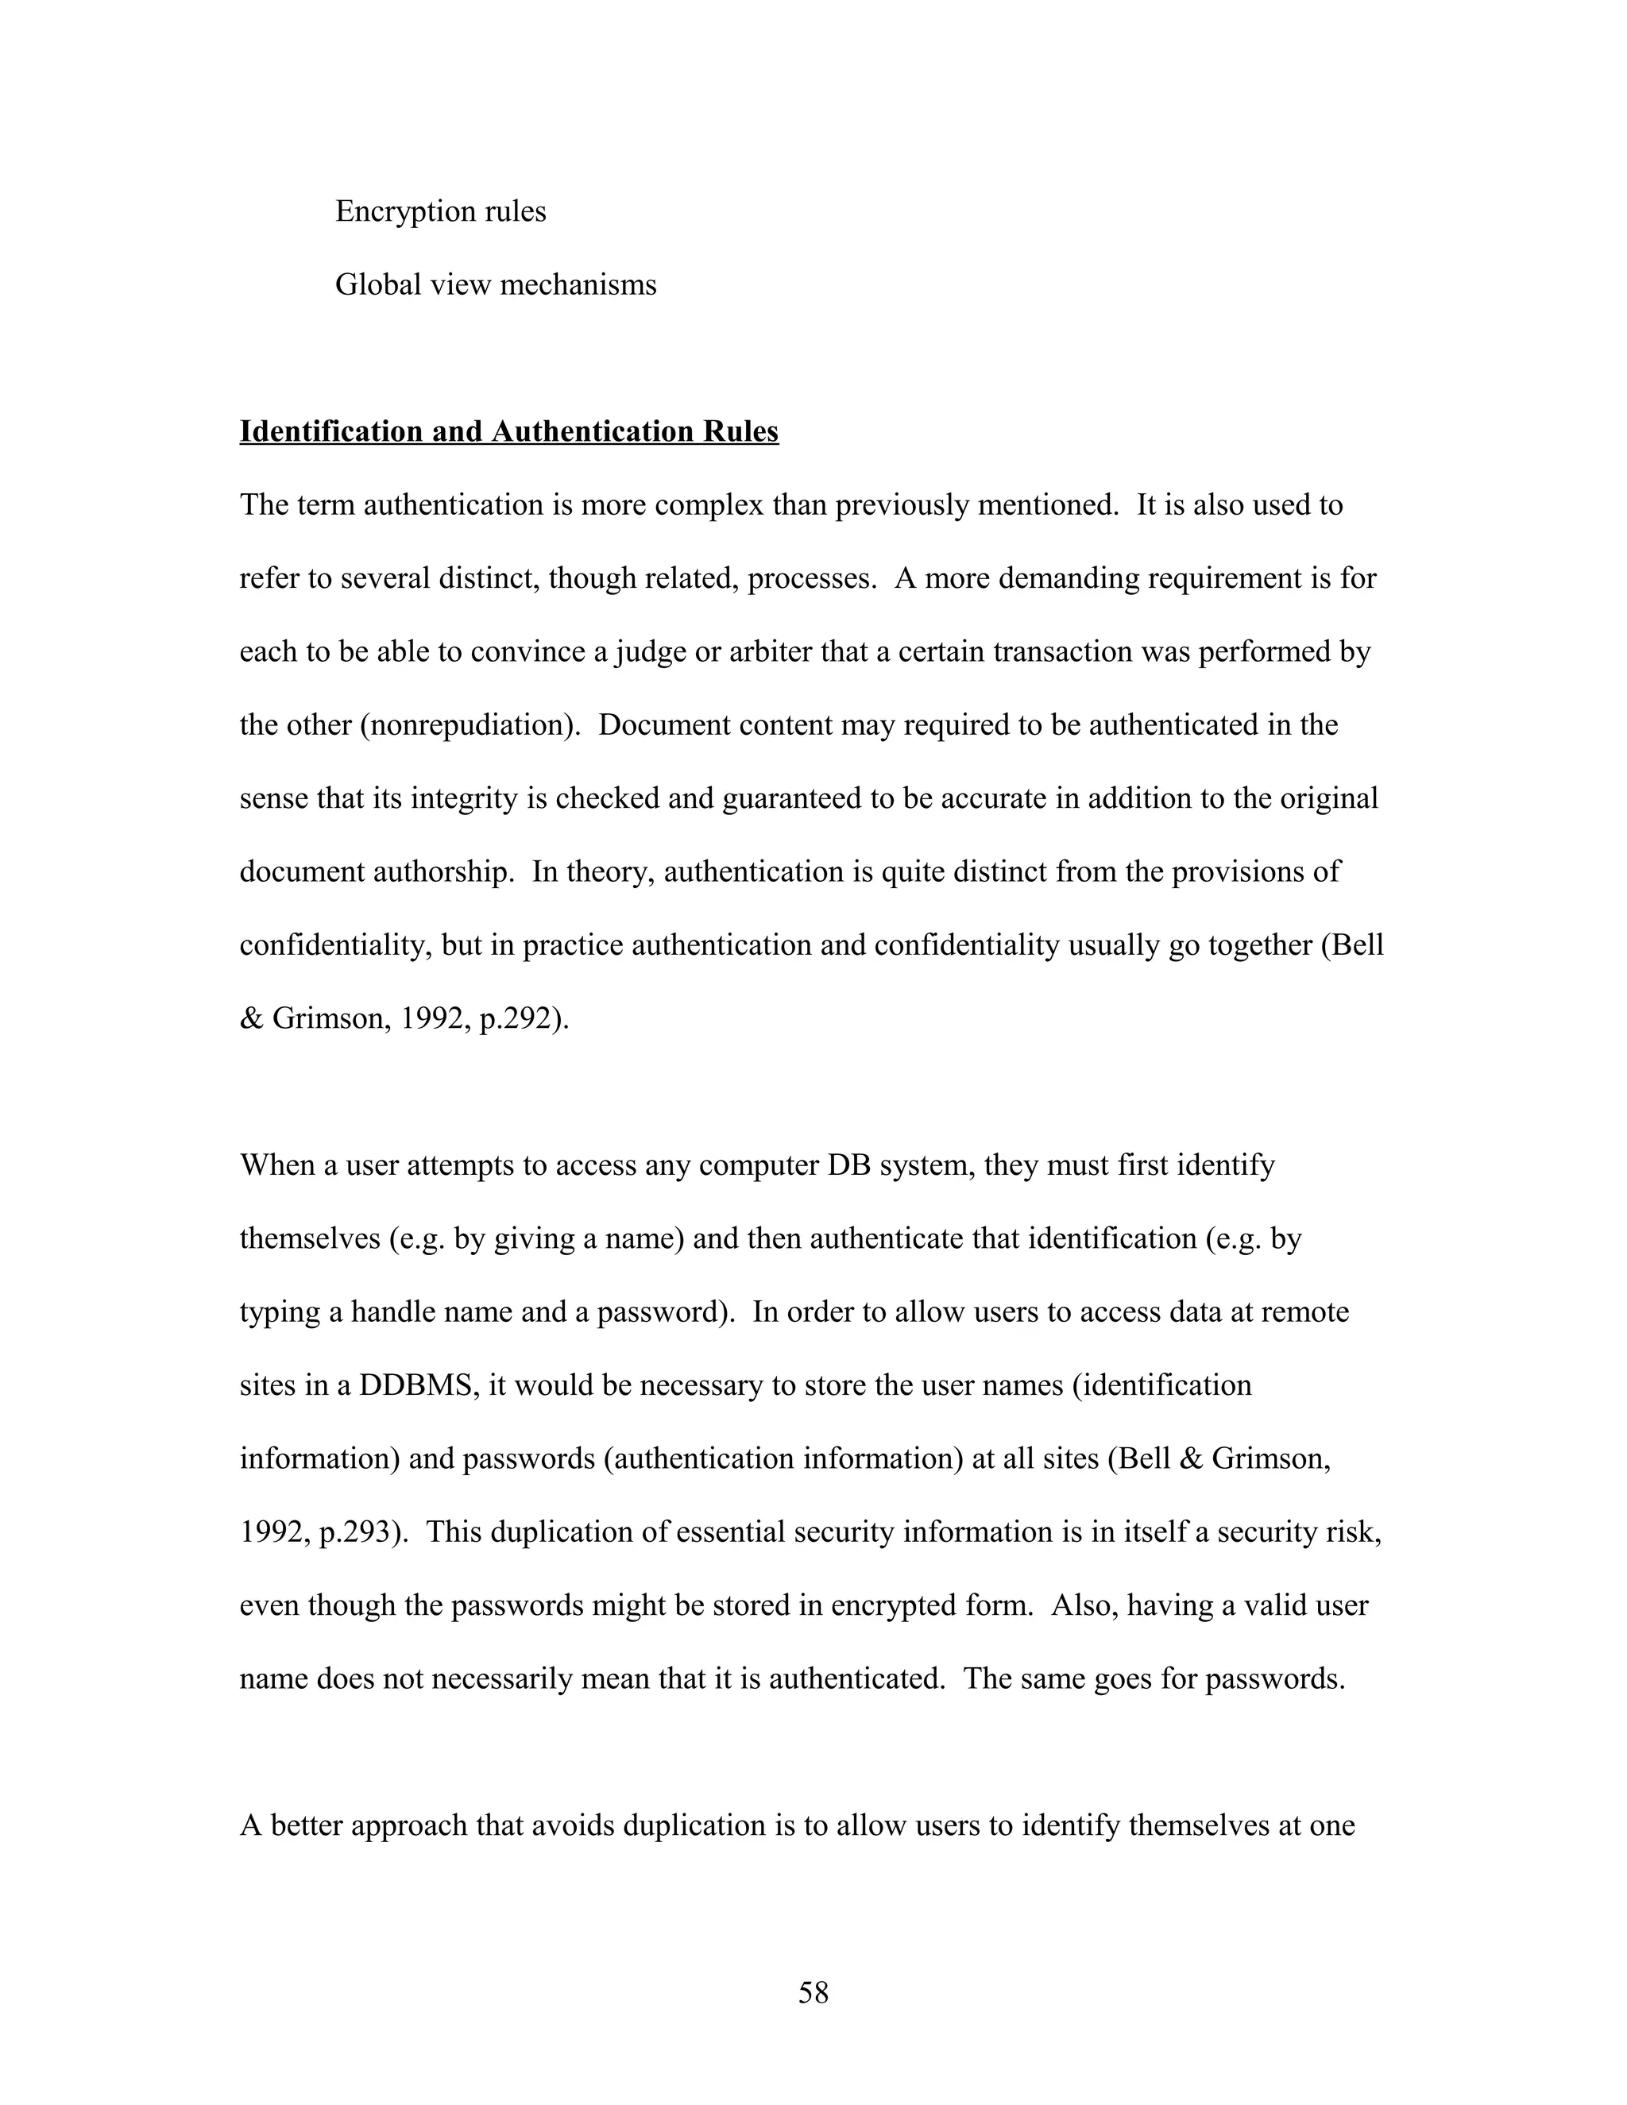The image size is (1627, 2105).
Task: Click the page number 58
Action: point(813,1992)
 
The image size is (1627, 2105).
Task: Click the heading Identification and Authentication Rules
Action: point(509,432)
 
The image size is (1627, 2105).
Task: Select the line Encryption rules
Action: point(440,211)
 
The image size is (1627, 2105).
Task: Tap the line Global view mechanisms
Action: point(496,284)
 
